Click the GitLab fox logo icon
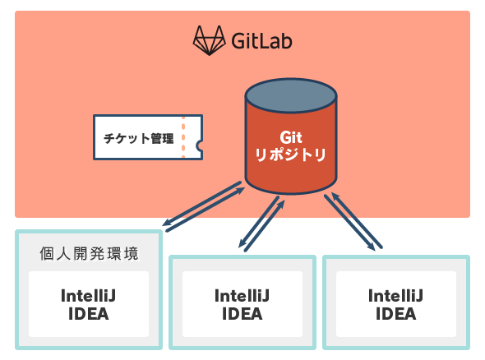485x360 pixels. [x=209, y=40]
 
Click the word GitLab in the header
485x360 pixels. [x=261, y=41]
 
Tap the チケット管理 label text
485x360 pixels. [x=139, y=138]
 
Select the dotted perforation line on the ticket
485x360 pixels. [x=183, y=137]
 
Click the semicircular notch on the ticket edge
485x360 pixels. [x=200, y=145]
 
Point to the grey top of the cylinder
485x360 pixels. [x=291, y=95]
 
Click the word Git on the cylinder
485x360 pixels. [x=291, y=137]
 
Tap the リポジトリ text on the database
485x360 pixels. [x=290, y=155]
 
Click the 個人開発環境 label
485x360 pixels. [x=89, y=254]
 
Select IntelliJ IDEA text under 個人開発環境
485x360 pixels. [x=89, y=305]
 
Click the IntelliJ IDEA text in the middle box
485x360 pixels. [x=242, y=305]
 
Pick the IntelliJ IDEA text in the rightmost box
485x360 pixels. [x=395, y=305]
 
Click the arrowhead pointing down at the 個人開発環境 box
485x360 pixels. [x=167, y=222]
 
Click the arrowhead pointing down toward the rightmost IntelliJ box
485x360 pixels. [x=372, y=246]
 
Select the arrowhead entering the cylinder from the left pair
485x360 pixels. [x=241, y=190]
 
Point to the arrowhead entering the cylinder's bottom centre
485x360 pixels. [x=281, y=204]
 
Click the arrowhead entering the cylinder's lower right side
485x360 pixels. [x=335, y=196]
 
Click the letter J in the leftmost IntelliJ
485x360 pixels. [x=112, y=296]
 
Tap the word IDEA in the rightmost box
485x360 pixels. [x=395, y=314]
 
